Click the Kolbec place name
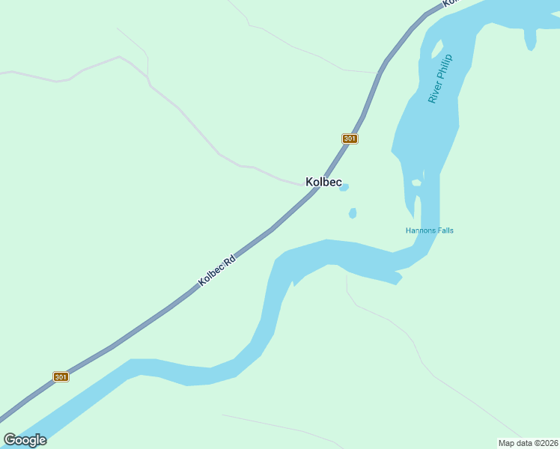[323, 182]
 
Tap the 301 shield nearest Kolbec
[350, 138]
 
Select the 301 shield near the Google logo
[61, 376]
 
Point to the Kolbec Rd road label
[217, 271]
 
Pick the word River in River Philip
[433, 92]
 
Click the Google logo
[25, 440]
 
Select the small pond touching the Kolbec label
[344, 188]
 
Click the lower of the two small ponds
[353, 213]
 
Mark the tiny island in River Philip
[416, 183]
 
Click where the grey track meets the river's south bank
[347, 272]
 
